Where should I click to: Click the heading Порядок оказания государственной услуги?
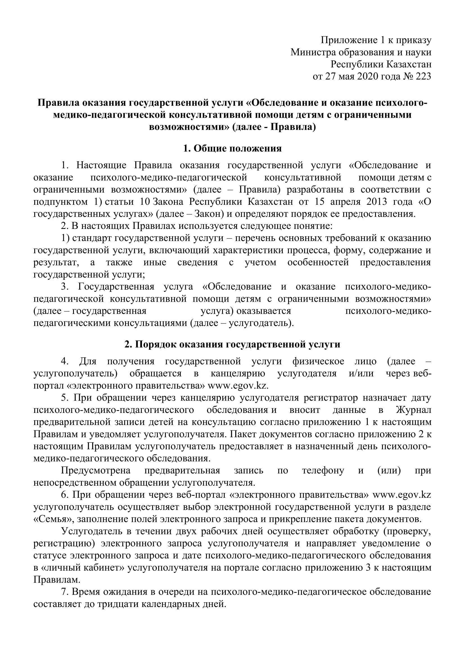(232, 344)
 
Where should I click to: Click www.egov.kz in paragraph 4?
(238, 385)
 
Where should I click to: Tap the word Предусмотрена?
(96, 470)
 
